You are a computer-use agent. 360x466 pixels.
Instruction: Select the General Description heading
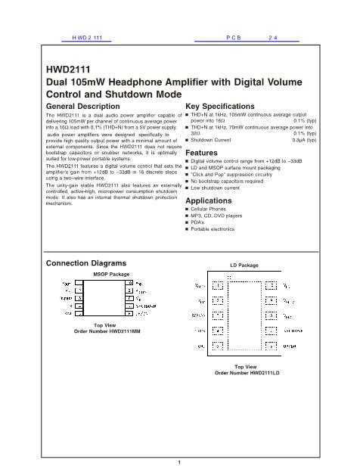coord(83,107)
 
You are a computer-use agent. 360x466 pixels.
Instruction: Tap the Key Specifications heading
coord(225,107)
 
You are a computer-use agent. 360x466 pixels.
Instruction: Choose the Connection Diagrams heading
coord(85,263)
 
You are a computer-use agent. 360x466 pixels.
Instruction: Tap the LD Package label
coord(244,266)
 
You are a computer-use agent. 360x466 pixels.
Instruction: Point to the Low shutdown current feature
coord(217,188)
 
